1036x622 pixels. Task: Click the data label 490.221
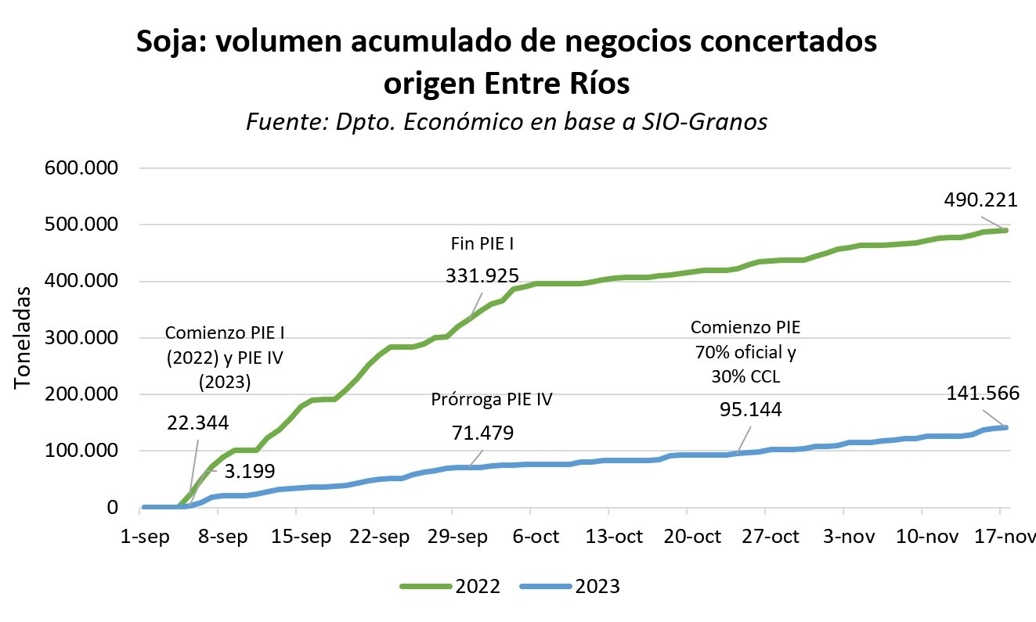981,200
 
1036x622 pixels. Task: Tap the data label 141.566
981,394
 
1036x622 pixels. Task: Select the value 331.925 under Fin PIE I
483,275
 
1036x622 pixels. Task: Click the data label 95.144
751,408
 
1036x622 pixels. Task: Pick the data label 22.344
197,422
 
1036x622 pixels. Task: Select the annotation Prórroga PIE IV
492,400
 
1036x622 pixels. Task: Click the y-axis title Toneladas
24,337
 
